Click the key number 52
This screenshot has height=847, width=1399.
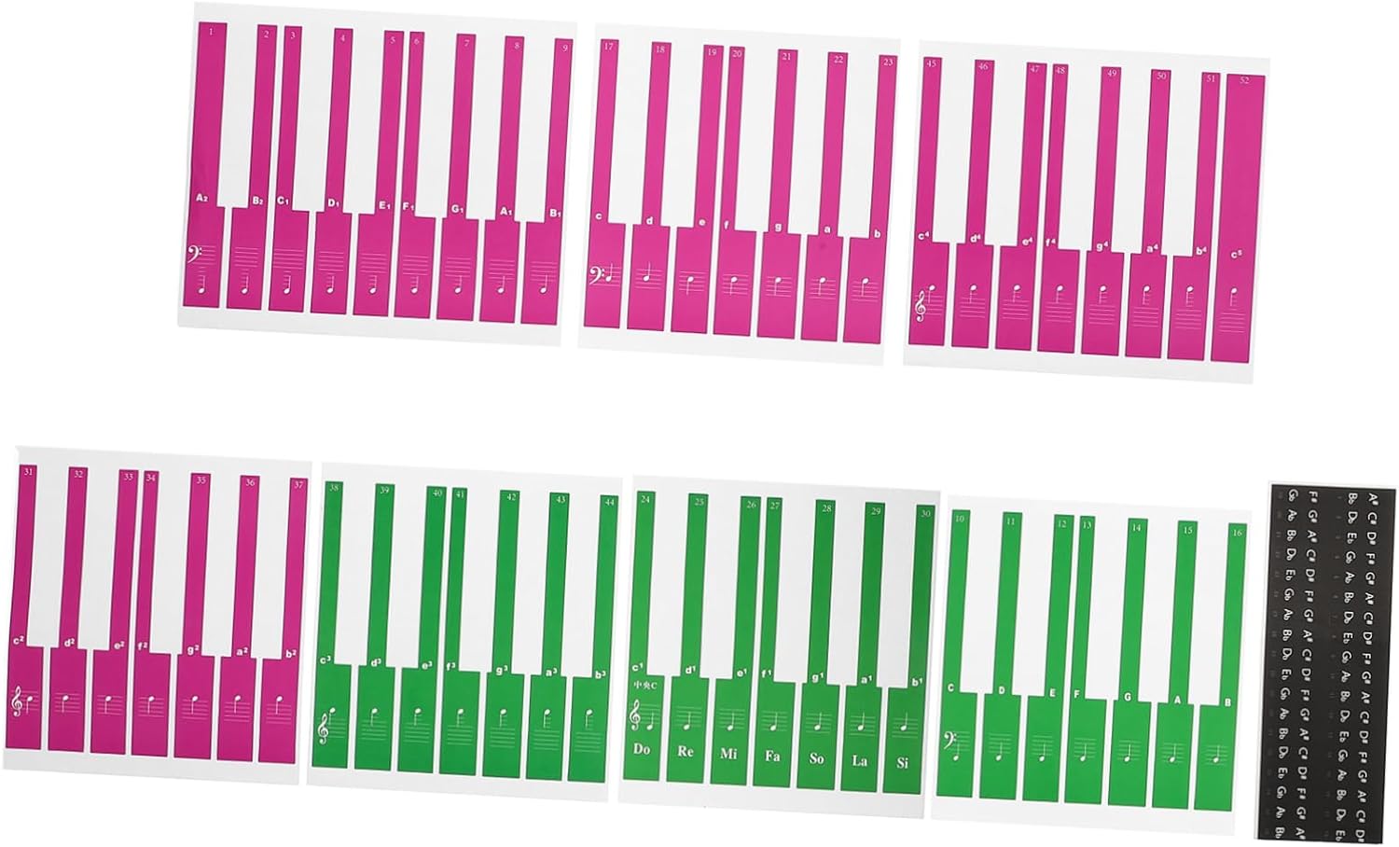coord(1244,81)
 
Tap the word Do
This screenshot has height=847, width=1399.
coord(642,748)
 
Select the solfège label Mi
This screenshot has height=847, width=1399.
coord(728,753)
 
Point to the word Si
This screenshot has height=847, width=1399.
coord(902,762)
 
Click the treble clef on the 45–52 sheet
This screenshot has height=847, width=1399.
coord(924,303)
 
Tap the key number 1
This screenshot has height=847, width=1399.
coord(212,32)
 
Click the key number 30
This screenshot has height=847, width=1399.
coord(924,513)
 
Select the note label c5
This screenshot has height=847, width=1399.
coord(1236,255)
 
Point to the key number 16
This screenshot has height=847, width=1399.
coord(1237,532)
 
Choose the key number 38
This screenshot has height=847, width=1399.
coord(334,487)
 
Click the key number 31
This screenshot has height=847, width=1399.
coord(29,472)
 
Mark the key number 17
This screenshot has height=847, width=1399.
coord(608,46)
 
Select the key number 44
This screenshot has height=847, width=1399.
coord(609,502)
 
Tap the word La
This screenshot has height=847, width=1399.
coord(859,760)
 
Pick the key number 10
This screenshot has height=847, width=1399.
coord(959,519)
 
